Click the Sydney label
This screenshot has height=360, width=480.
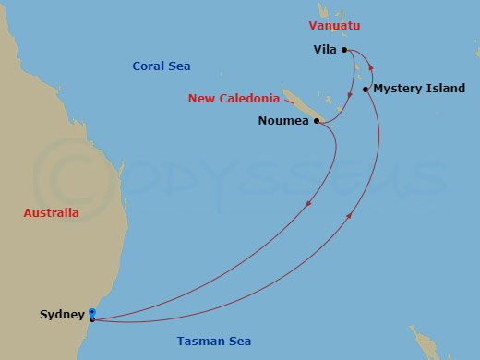63,315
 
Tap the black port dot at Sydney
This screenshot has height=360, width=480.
92,319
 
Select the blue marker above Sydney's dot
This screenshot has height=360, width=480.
92,312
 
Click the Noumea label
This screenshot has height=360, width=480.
283,120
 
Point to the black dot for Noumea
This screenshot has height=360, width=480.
317,121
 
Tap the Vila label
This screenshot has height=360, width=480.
324,50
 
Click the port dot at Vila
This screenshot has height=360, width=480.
343,50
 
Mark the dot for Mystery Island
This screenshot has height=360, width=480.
366,90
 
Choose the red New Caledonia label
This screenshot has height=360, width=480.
234,99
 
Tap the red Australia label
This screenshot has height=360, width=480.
51,213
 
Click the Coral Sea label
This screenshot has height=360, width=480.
161,66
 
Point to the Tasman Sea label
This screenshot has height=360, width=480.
214,342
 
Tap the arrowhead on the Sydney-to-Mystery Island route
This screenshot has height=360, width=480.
351,216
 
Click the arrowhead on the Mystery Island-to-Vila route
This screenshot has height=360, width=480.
371,66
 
